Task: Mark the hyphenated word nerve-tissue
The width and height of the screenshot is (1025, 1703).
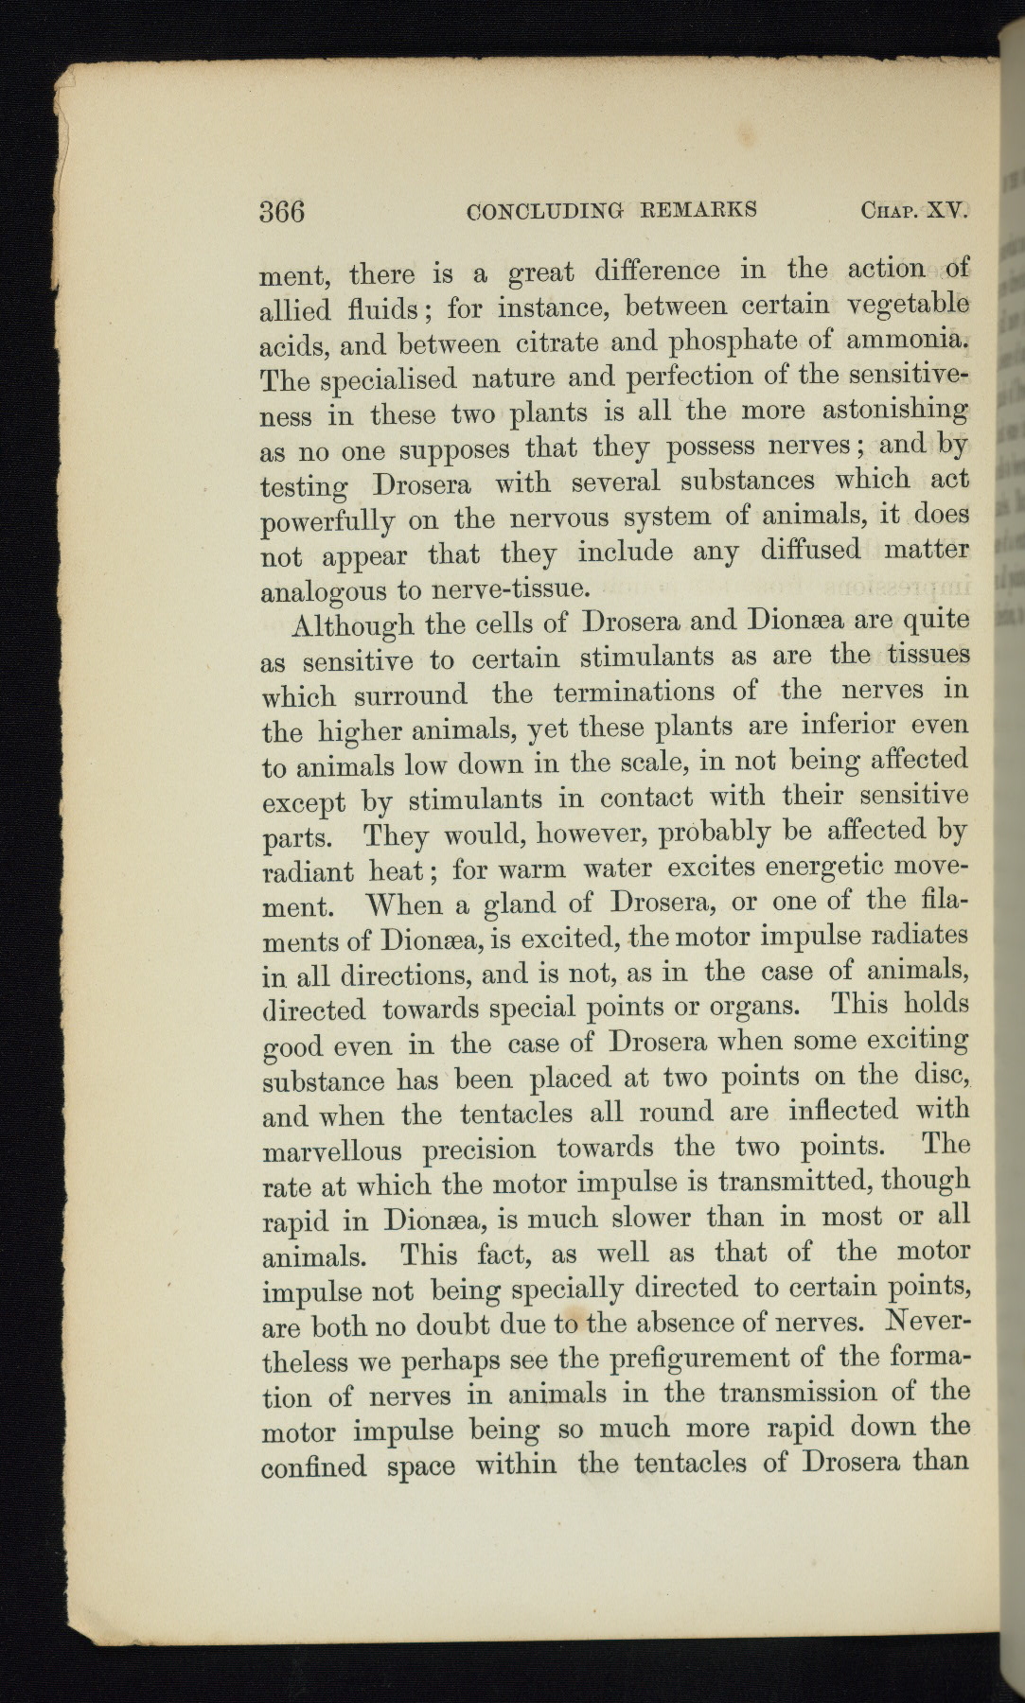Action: point(511,589)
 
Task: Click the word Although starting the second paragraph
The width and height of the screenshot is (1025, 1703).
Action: point(355,628)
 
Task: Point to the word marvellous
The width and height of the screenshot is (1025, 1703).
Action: point(331,1152)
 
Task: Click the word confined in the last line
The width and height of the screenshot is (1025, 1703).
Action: point(313,1466)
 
